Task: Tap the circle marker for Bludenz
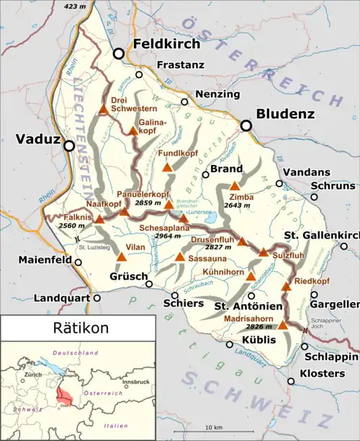point(246,125)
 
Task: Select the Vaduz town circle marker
point(69,146)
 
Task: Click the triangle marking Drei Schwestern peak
point(104,110)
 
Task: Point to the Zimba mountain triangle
point(234,186)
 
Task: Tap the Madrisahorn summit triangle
point(283,326)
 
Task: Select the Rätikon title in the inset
point(81,328)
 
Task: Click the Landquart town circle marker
point(97,297)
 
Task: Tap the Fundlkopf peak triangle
point(167,167)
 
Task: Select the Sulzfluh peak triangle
point(263,252)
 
